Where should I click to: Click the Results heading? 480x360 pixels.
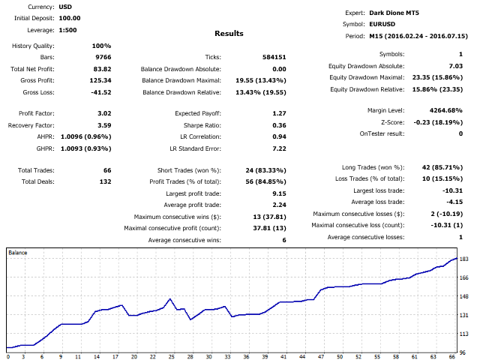(x=229, y=34)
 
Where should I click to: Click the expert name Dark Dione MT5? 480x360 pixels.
(x=397, y=13)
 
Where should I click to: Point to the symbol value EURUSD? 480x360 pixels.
(x=382, y=24)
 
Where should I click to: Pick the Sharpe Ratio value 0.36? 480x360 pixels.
(x=279, y=125)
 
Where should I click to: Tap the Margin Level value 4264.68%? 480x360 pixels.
(x=446, y=110)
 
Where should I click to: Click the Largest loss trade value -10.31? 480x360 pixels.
(x=451, y=190)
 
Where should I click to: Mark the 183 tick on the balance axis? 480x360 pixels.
(x=463, y=259)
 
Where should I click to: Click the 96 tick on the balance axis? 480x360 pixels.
(x=463, y=352)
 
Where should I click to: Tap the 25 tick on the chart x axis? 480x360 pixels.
(x=171, y=357)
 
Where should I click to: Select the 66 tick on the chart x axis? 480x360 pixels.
(x=452, y=357)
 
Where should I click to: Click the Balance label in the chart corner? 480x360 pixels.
(x=18, y=253)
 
